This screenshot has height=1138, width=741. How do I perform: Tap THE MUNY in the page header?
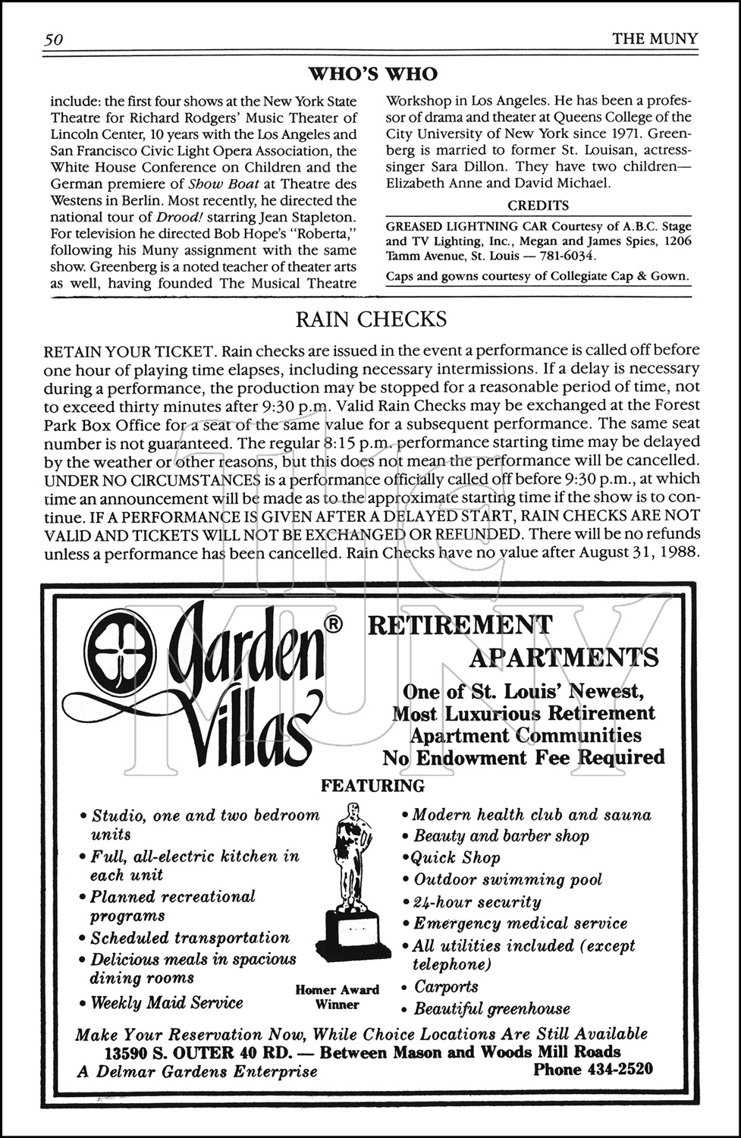point(655,39)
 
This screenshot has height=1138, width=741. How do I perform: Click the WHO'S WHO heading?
point(372,74)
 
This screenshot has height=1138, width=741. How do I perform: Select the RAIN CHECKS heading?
point(371,320)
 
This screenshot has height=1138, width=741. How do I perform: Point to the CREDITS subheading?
point(538,206)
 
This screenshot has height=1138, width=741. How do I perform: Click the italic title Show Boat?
point(210,184)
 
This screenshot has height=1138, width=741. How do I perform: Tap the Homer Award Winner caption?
point(338,997)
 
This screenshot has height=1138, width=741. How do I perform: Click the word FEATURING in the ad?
point(372,786)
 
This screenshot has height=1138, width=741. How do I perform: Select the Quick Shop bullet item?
point(455,858)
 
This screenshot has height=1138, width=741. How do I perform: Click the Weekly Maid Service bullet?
point(167,1003)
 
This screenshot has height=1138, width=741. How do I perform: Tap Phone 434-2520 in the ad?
point(593,1070)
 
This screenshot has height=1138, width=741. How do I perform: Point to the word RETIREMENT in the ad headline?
point(460,625)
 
